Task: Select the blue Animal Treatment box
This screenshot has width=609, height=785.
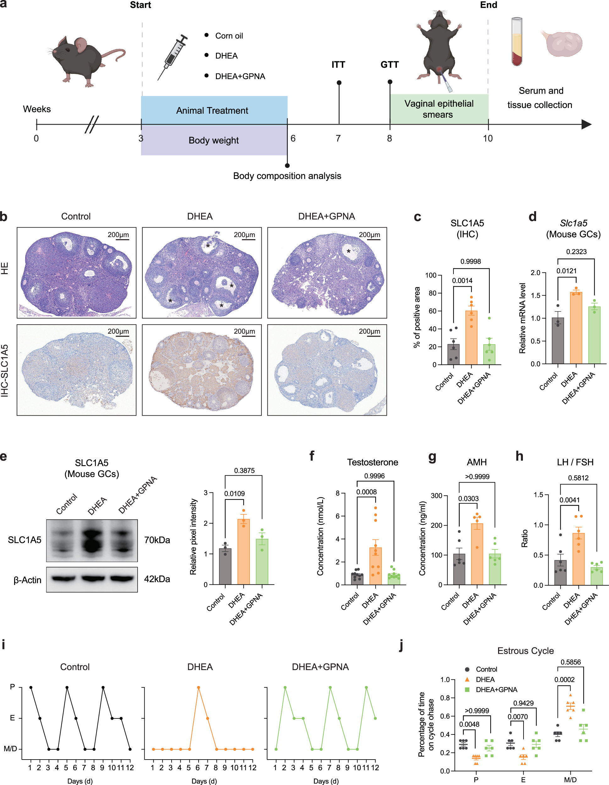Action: [214, 110]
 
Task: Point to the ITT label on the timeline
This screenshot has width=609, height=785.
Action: [338, 65]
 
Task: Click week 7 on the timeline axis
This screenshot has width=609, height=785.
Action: [338, 138]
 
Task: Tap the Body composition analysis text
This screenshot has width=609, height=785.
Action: [287, 176]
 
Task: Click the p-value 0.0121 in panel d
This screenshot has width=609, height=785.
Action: [567, 271]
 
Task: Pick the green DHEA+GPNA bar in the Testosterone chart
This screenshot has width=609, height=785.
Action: [393, 579]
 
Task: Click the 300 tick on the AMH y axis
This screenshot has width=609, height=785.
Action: [436, 496]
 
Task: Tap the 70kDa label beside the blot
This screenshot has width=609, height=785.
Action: [157, 540]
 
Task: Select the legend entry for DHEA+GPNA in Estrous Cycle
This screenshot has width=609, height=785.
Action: [496, 690]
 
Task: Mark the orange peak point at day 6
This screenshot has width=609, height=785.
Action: [198, 687]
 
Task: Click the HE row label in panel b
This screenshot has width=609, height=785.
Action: [5, 268]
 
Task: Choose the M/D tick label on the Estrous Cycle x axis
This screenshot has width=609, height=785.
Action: [570, 780]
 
